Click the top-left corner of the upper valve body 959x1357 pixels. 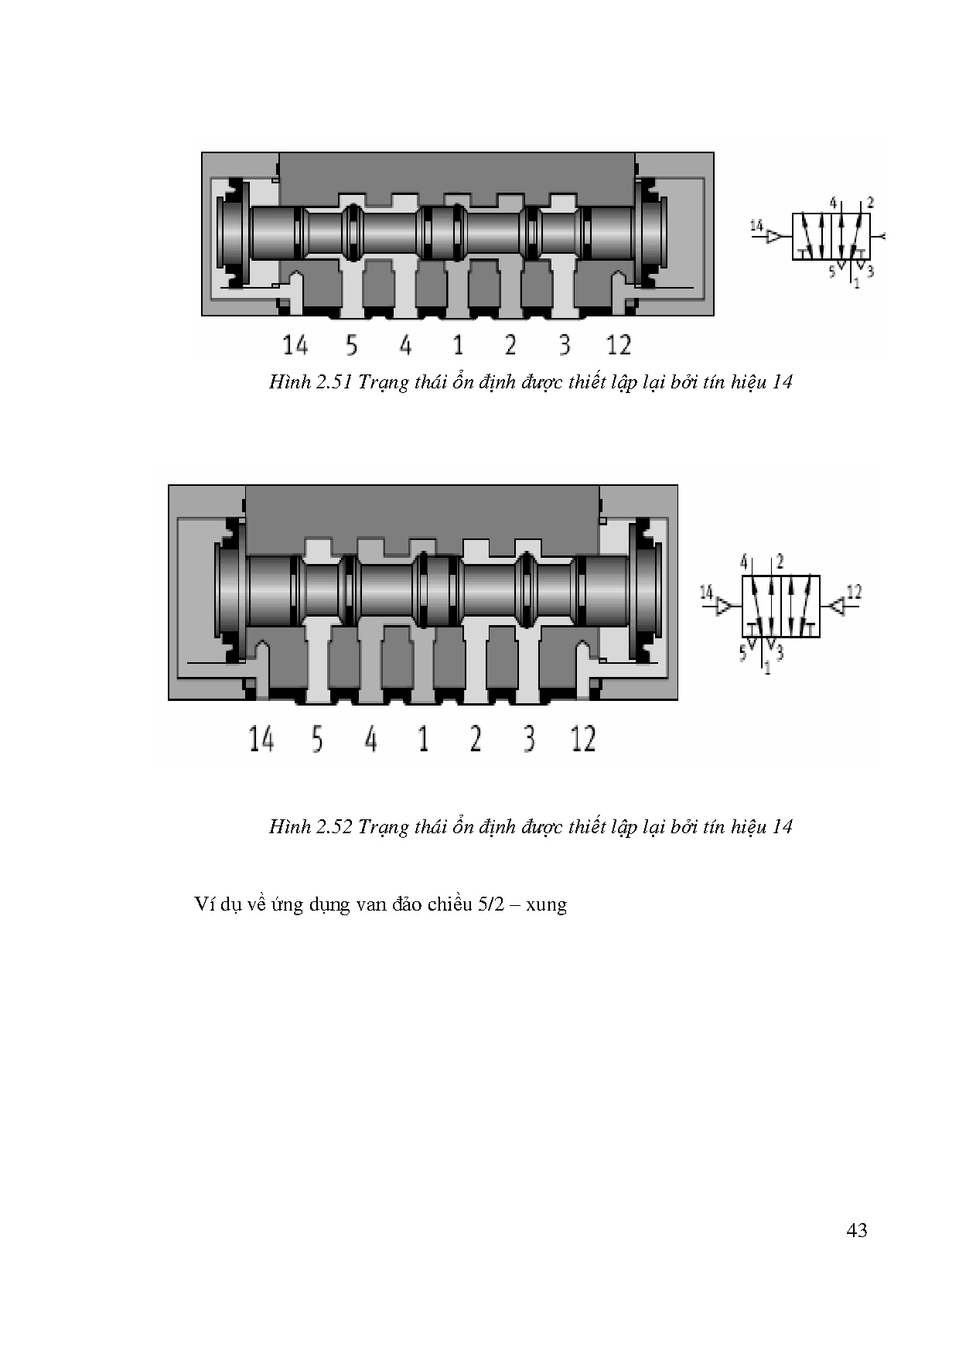(202, 152)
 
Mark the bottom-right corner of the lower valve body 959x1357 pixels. (677, 700)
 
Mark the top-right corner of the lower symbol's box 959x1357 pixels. (819, 576)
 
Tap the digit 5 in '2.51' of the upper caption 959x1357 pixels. (333, 382)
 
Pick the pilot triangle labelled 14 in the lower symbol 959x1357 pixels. (725, 607)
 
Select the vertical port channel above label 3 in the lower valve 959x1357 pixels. (530, 661)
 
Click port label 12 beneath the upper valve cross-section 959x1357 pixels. (619, 345)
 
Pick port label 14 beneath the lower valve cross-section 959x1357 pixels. (261, 739)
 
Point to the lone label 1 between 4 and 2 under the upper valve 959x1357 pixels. (458, 345)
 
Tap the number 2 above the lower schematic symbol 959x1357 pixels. (780, 561)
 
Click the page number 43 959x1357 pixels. (857, 1230)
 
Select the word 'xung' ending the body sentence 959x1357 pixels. (546, 904)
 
